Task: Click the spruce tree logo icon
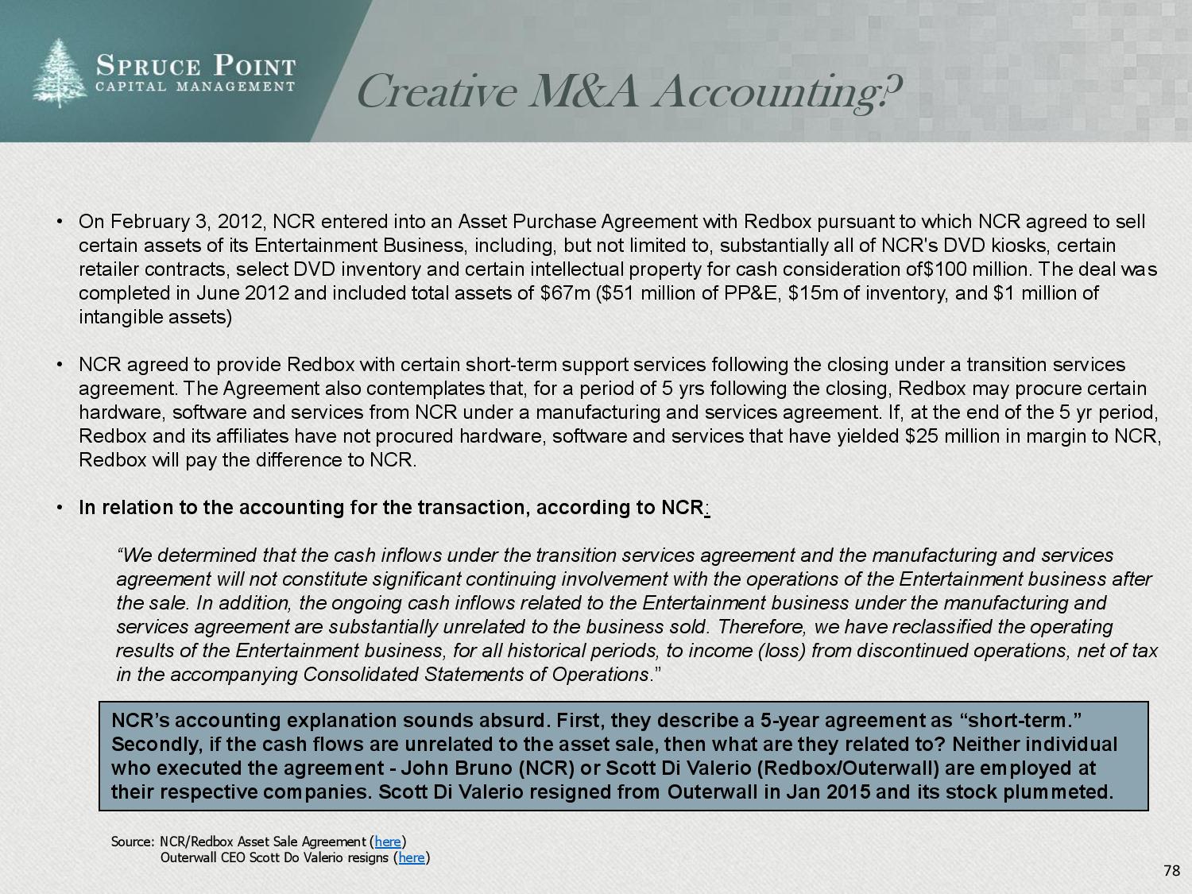click(59, 74)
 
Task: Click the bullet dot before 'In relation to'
click(60, 508)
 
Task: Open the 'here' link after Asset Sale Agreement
click(388, 842)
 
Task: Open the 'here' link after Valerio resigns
click(411, 857)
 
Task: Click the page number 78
click(1171, 871)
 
